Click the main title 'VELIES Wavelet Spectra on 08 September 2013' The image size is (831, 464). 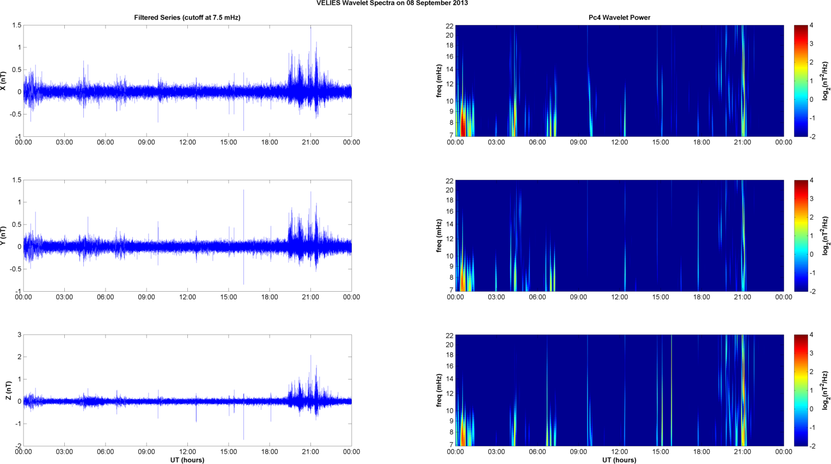click(392, 3)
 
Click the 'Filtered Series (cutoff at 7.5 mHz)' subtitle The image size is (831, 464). click(187, 17)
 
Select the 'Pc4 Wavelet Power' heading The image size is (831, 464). click(619, 17)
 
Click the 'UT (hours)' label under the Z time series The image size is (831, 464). click(187, 460)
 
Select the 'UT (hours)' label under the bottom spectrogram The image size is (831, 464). click(619, 460)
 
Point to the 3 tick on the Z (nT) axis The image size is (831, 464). click(19, 335)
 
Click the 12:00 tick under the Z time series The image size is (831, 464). click(187, 451)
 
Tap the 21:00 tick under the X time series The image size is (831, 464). click(310, 142)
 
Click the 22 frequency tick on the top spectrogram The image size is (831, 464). click(449, 26)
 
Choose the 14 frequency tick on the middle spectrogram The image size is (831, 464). click(449, 224)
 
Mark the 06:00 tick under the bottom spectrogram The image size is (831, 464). click(537, 451)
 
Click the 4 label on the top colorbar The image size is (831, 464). click(811, 26)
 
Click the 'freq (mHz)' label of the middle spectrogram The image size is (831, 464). click(439, 236)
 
